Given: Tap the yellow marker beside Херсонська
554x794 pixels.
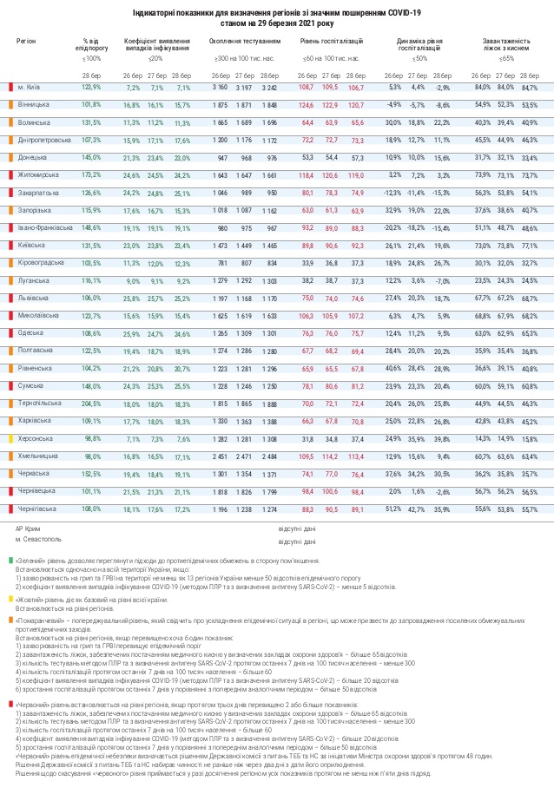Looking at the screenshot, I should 12,438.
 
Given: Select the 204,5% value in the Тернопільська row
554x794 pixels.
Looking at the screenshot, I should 91,404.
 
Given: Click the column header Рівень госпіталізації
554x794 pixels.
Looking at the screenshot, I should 331,41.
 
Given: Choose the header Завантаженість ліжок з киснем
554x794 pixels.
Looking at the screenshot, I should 506,45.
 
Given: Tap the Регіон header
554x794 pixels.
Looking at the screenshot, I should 26,41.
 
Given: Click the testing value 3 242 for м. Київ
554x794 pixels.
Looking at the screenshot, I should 267,88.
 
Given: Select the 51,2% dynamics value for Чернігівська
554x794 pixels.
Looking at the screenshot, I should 394,509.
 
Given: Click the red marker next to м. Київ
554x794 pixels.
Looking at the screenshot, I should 12,88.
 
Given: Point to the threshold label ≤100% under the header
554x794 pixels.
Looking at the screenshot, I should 91,57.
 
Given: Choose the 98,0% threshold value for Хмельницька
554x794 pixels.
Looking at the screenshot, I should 91,456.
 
